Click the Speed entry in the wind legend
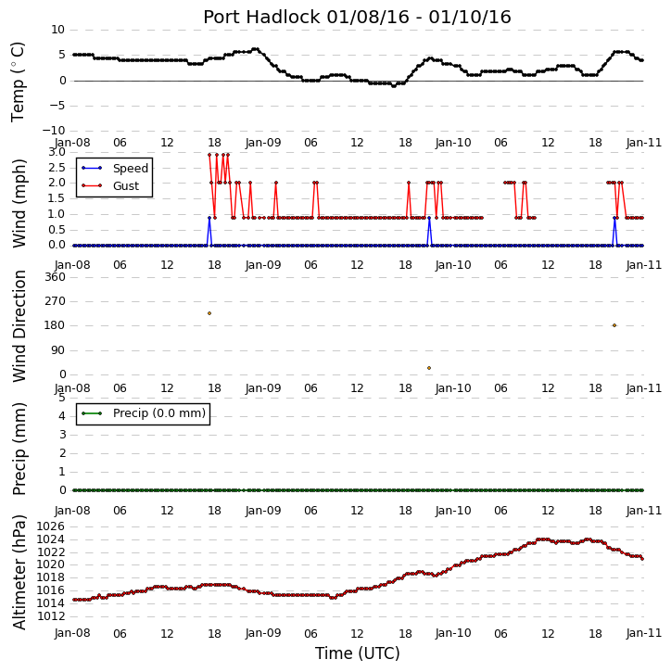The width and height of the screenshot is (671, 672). point(131,169)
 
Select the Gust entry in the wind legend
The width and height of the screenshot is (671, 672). point(126,186)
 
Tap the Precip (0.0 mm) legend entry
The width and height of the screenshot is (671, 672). point(159,413)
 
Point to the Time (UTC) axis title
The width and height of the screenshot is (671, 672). point(358,653)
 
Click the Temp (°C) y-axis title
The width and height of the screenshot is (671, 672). point(18,82)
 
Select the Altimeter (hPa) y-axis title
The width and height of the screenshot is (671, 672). point(19,573)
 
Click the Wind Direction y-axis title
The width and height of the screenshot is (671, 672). point(19,326)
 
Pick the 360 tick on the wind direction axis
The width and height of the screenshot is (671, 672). point(56,277)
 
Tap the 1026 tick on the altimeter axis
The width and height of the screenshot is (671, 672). point(51,526)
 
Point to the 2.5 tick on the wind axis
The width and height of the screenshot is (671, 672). point(57,168)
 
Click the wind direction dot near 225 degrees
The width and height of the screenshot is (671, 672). point(209,313)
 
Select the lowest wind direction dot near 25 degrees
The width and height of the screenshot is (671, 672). point(429,368)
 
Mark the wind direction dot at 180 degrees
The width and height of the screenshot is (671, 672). point(614,325)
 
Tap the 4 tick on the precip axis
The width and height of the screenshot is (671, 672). point(62,416)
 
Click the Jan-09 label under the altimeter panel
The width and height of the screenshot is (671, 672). point(263,633)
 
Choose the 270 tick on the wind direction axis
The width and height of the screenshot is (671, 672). point(56,301)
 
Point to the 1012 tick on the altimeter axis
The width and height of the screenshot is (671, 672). point(51,616)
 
